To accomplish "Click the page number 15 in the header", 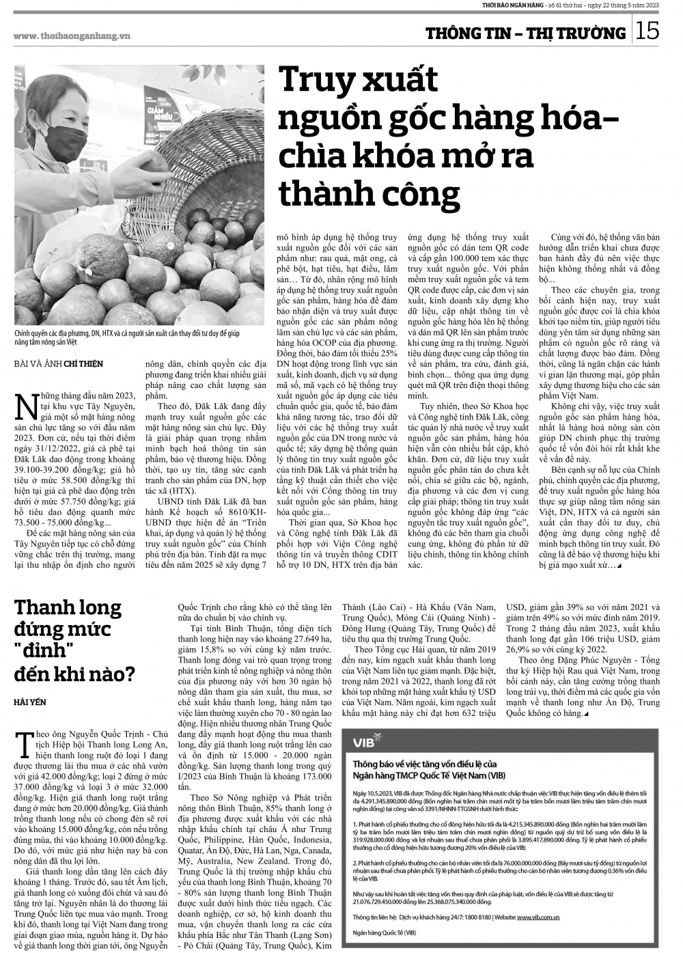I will click(x=649, y=31).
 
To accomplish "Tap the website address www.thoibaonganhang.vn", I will click(x=72, y=36).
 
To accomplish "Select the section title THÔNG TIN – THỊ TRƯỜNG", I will click(x=525, y=33).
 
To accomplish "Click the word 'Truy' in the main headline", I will click(x=315, y=81).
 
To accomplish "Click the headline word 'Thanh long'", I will click(x=68, y=607).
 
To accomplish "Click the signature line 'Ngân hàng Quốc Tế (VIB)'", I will click(x=384, y=933).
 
